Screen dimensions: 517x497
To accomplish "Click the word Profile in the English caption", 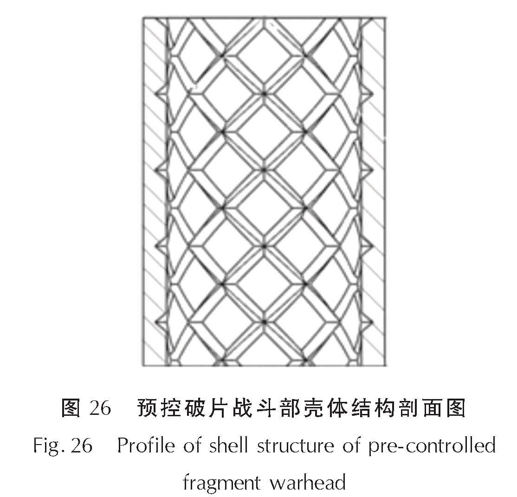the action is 147,445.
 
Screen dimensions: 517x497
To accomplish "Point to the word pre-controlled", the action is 432,446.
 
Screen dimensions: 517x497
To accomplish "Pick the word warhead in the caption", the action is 308,483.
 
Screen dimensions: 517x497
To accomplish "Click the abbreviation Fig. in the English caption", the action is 48,446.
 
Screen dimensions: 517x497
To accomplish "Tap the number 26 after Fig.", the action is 81,446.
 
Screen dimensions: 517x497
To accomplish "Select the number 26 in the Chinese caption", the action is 100,407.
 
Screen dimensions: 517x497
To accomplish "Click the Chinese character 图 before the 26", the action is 71,407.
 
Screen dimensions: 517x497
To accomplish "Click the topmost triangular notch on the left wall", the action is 161,94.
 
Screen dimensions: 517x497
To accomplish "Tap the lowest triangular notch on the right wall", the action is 367,323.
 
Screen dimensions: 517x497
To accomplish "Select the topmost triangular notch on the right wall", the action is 367,94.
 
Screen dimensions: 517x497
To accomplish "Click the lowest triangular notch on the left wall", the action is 161,323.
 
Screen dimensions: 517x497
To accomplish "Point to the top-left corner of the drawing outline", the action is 143,18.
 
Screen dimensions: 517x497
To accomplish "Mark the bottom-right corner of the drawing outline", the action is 385,365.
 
